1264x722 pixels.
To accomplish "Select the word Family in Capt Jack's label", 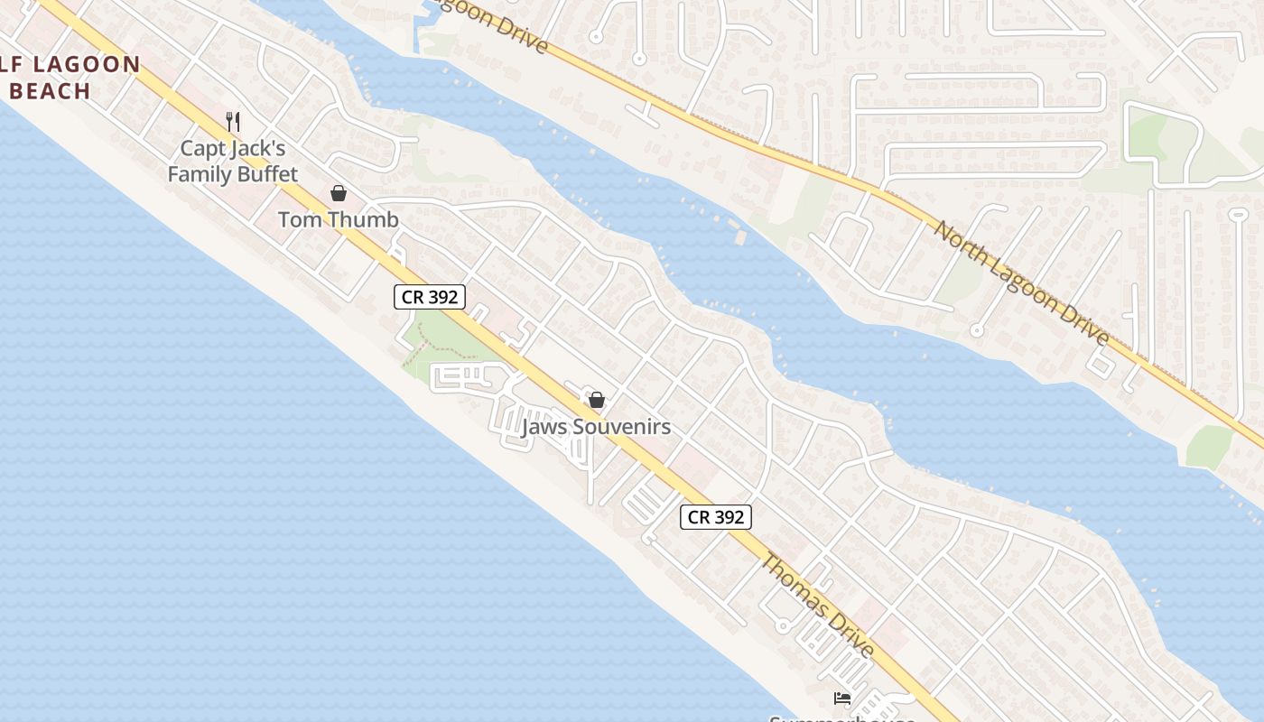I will click(198, 174).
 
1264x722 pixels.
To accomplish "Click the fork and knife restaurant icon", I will click(233, 121).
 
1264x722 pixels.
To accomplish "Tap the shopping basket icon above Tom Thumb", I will click(339, 193).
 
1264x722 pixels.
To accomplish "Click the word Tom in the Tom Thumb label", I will click(299, 219).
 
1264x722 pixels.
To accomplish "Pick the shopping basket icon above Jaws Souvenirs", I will click(596, 400).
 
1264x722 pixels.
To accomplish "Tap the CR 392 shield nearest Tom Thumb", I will click(429, 297).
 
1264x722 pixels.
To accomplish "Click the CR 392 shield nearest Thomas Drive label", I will click(715, 517).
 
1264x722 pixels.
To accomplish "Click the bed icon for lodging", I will click(842, 698).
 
